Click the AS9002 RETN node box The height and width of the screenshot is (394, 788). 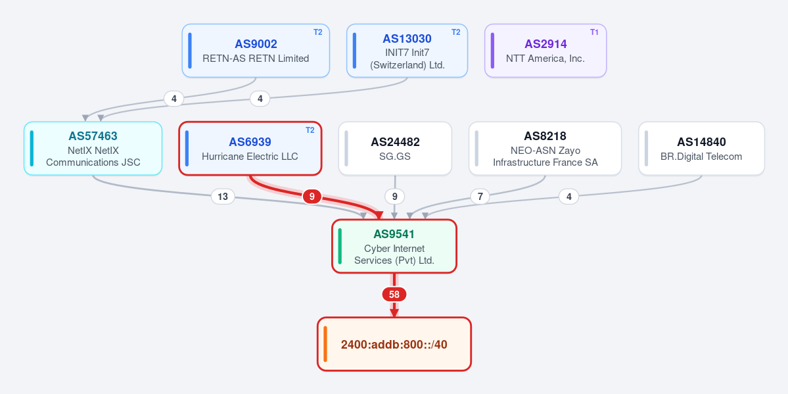[256, 51]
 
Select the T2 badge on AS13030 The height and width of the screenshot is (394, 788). [456, 32]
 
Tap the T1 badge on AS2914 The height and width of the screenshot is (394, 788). [595, 32]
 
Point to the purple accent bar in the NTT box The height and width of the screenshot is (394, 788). [492, 51]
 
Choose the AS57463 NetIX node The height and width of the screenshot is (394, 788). [93, 149]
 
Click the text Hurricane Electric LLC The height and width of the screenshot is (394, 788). [250, 157]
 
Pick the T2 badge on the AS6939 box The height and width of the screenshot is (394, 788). [310, 130]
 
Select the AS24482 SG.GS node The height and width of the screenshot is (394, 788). [395, 149]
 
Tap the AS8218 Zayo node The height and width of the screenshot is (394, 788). [545, 149]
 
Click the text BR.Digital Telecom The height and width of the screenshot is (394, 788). [701, 157]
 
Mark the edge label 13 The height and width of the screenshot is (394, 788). [223, 196]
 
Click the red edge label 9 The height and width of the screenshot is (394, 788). [312, 196]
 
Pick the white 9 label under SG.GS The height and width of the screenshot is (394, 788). [394, 196]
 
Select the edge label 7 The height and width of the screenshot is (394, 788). [480, 196]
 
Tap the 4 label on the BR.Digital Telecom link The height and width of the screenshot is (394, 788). [569, 196]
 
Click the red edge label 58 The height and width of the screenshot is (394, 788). [394, 295]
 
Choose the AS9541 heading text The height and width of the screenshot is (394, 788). [394, 234]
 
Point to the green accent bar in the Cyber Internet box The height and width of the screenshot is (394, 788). [340, 246]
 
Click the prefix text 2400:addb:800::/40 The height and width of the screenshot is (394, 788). [394, 345]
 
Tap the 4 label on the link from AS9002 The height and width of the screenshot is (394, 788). [174, 99]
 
